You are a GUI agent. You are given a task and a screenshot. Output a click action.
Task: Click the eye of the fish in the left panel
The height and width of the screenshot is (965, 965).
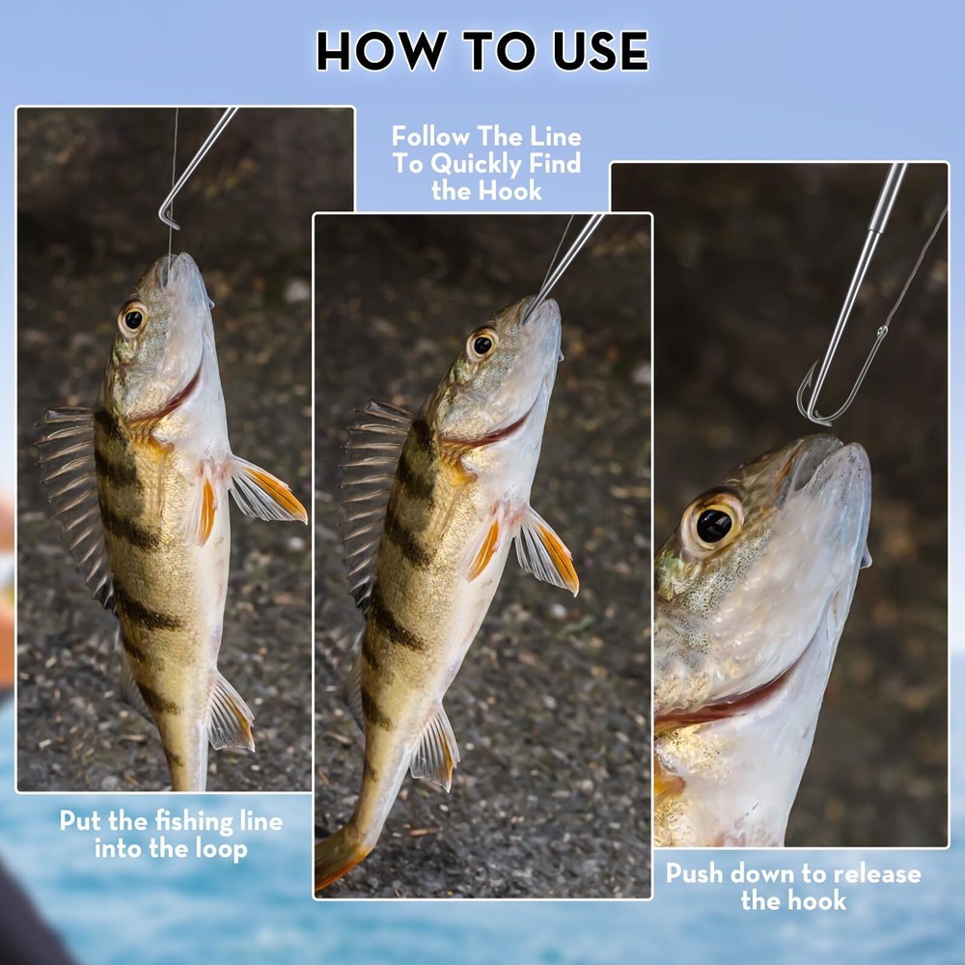point(133,318)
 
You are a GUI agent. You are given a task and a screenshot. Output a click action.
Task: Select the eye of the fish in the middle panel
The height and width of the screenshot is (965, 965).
point(482,345)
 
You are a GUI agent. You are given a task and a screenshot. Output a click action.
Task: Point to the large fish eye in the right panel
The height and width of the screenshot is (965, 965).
point(713,524)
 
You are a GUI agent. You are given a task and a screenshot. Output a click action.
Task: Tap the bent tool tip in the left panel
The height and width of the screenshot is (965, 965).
point(166,216)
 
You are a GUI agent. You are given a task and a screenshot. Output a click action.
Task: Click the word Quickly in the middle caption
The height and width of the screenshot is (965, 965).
point(474,165)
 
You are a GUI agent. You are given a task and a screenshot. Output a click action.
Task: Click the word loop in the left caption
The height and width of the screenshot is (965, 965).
point(222,850)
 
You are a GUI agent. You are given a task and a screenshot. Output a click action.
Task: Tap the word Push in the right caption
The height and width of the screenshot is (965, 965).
point(694,874)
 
